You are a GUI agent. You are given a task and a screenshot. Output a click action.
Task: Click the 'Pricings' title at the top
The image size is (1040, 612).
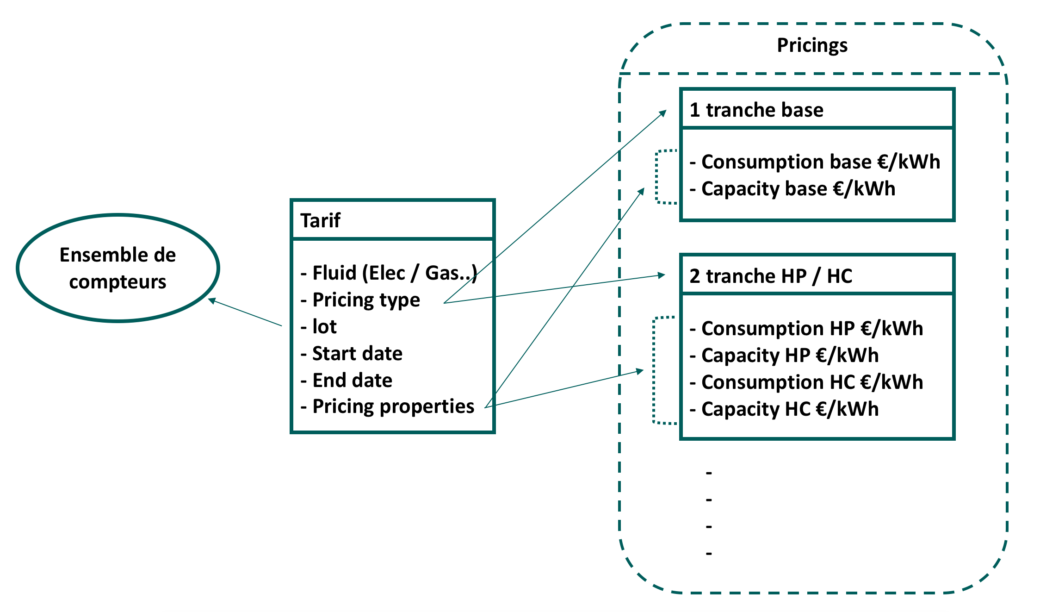[812, 45]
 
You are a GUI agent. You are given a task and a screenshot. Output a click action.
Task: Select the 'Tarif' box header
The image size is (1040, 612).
[320, 220]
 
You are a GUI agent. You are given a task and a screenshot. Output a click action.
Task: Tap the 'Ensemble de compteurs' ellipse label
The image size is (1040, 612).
[118, 268]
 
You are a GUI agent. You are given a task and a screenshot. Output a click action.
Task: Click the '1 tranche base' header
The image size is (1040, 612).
[756, 110]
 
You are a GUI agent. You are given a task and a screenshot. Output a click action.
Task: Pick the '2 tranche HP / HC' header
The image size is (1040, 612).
[770, 276]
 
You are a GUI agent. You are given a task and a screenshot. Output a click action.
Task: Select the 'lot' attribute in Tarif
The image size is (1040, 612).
[324, 326]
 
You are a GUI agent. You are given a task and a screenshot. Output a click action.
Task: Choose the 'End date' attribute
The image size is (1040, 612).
[352, 380]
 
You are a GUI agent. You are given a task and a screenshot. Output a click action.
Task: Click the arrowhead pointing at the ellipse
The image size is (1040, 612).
[211, 300]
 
